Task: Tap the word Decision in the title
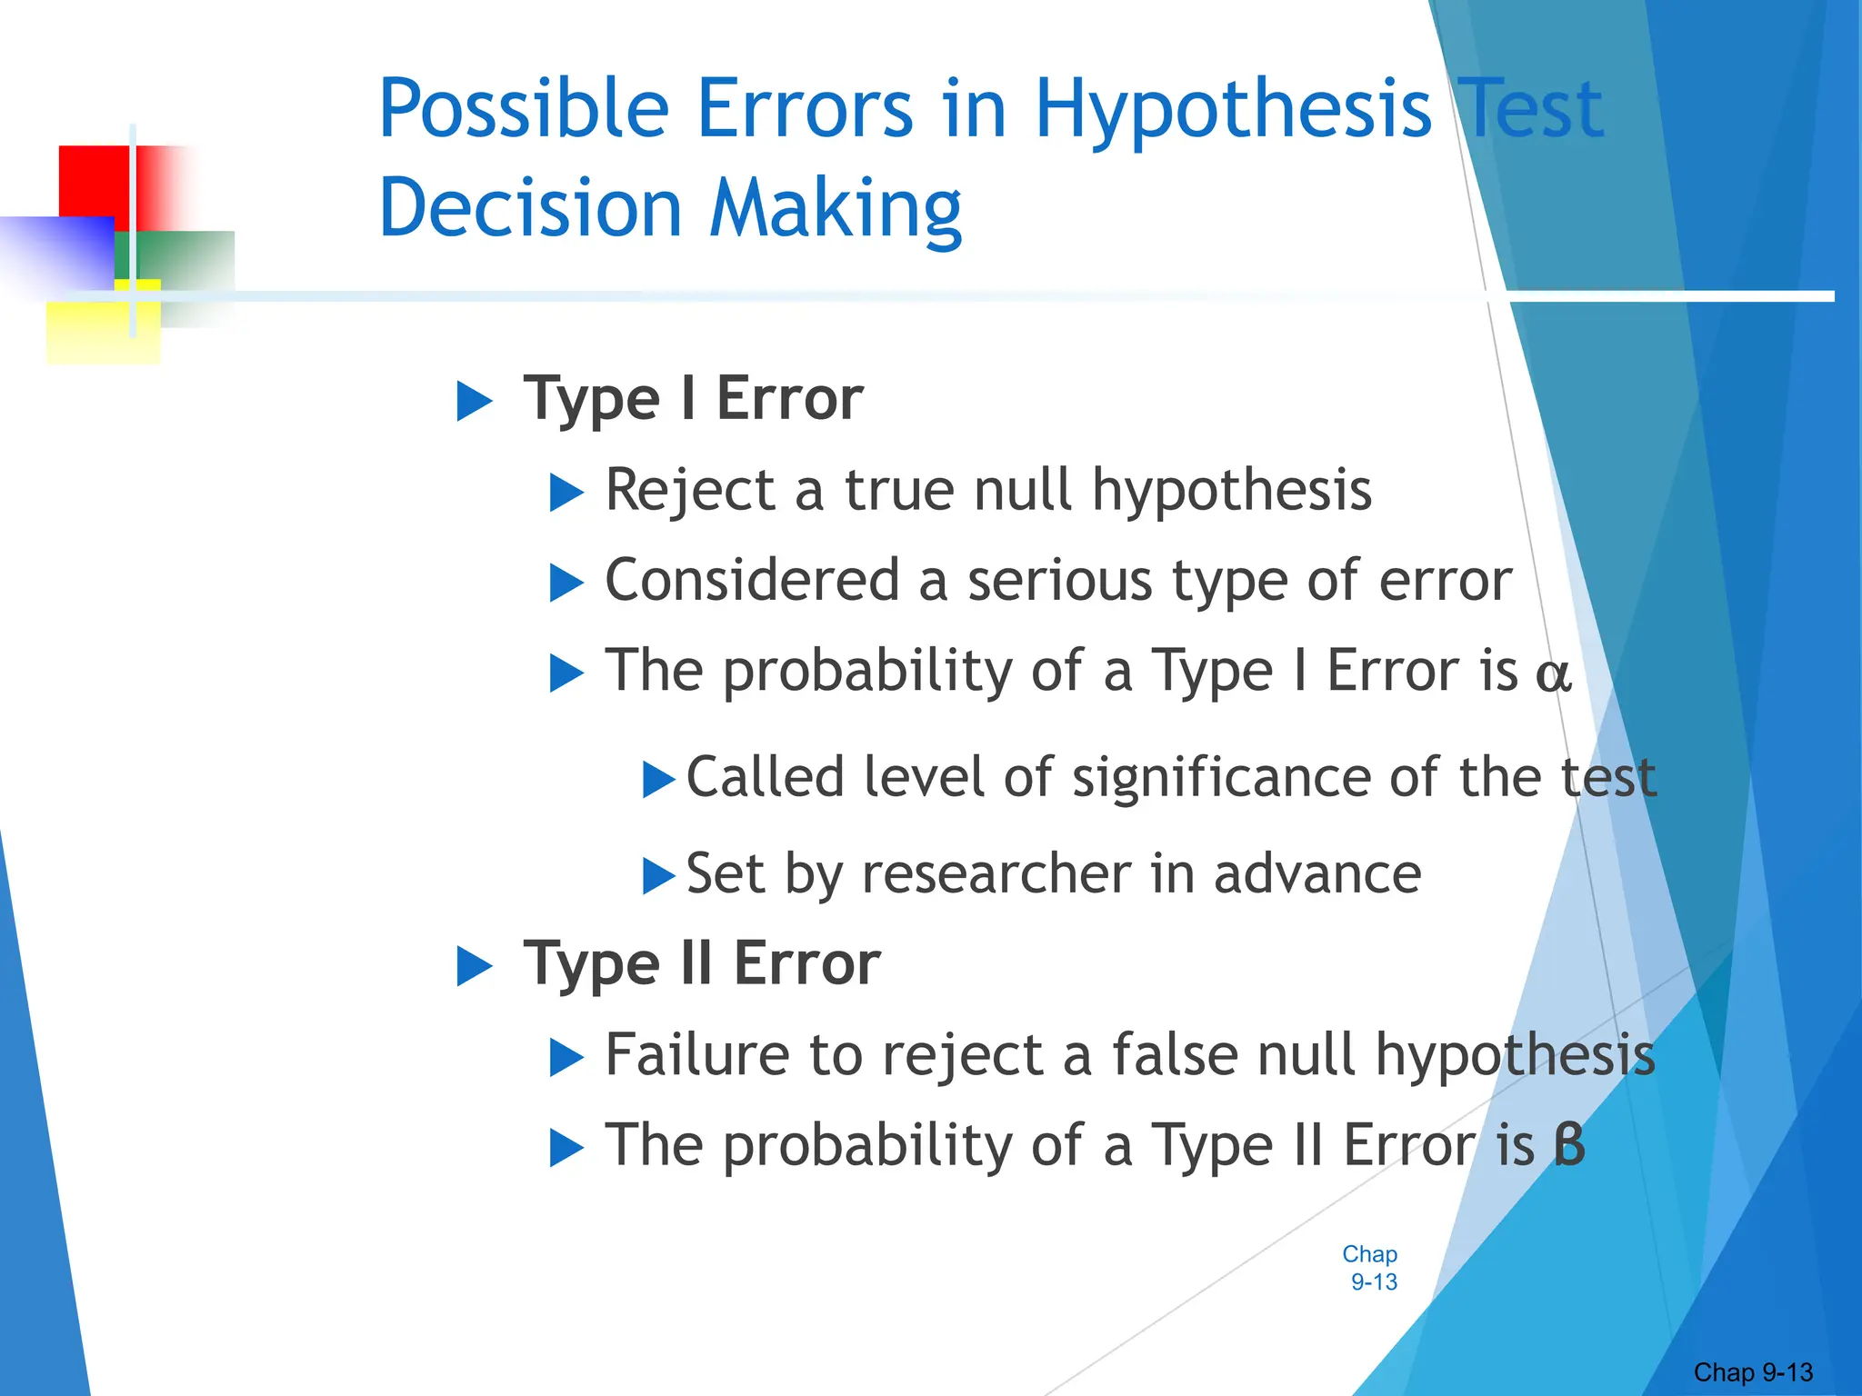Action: (x=530, y=209)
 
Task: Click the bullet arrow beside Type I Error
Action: (x=474, y=401)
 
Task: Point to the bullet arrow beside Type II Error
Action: (x=474, y=966)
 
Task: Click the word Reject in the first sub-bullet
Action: (x=688, y=492)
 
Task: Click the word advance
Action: (x=1317, y=874)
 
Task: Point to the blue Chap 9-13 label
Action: (x=1370, y=1268)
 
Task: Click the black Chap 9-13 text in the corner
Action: (x=1753, y=1372)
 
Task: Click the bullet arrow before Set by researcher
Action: (x=658, y=876)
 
